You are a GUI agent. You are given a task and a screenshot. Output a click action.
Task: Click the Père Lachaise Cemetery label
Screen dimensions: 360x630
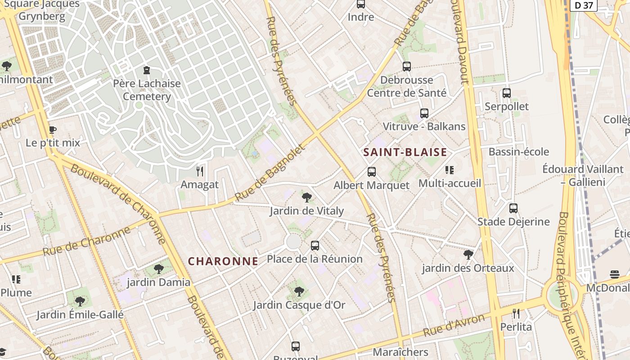(x=147, y=90)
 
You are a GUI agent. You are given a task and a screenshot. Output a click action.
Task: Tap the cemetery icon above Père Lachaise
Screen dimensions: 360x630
(x=146, y=70)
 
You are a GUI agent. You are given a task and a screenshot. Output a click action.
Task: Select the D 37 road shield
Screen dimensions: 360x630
(x=584, y=5)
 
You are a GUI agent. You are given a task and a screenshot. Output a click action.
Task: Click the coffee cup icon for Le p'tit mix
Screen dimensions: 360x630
(x=52, y=130)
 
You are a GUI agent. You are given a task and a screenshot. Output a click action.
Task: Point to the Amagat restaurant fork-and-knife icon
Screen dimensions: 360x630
(x=200, y=171)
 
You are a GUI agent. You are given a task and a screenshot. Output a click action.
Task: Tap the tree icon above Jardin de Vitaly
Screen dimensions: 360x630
(x=307, y=197)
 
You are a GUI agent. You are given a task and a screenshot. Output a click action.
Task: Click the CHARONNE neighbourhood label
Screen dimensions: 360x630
(x=223, y=261)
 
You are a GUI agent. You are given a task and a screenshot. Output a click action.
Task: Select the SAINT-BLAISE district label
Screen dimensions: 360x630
(x=405, y=152)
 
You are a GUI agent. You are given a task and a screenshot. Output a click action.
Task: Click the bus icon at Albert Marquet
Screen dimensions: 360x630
(x=371, y=171)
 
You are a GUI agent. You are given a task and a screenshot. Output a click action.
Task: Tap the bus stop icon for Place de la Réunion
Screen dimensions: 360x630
(x=315, y=246)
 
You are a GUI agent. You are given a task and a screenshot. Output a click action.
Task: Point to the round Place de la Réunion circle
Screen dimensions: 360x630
(x=293, y=242)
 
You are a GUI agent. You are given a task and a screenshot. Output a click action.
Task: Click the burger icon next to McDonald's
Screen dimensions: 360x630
(x=615, y=274)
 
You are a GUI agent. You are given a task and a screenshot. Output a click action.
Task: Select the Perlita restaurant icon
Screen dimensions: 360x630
(x=516, y=313)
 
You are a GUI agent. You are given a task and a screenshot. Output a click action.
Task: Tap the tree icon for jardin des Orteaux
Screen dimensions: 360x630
(x=468, y=255)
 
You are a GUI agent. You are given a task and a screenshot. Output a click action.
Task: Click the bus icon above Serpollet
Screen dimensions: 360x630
(x=506, y=93)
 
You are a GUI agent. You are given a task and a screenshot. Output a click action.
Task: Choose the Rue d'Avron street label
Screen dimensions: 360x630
(x=454, y=326)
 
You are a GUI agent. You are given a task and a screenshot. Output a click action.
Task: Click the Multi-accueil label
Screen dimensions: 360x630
(x=450, y=184)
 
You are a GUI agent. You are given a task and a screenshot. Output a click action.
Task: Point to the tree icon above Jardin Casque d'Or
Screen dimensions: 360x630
(x=299, y=292)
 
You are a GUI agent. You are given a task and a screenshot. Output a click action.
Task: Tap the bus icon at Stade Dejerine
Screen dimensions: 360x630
(x=513, y=208)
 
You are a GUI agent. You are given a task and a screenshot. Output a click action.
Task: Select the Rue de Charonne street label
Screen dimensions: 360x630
(x=86, y=242)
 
